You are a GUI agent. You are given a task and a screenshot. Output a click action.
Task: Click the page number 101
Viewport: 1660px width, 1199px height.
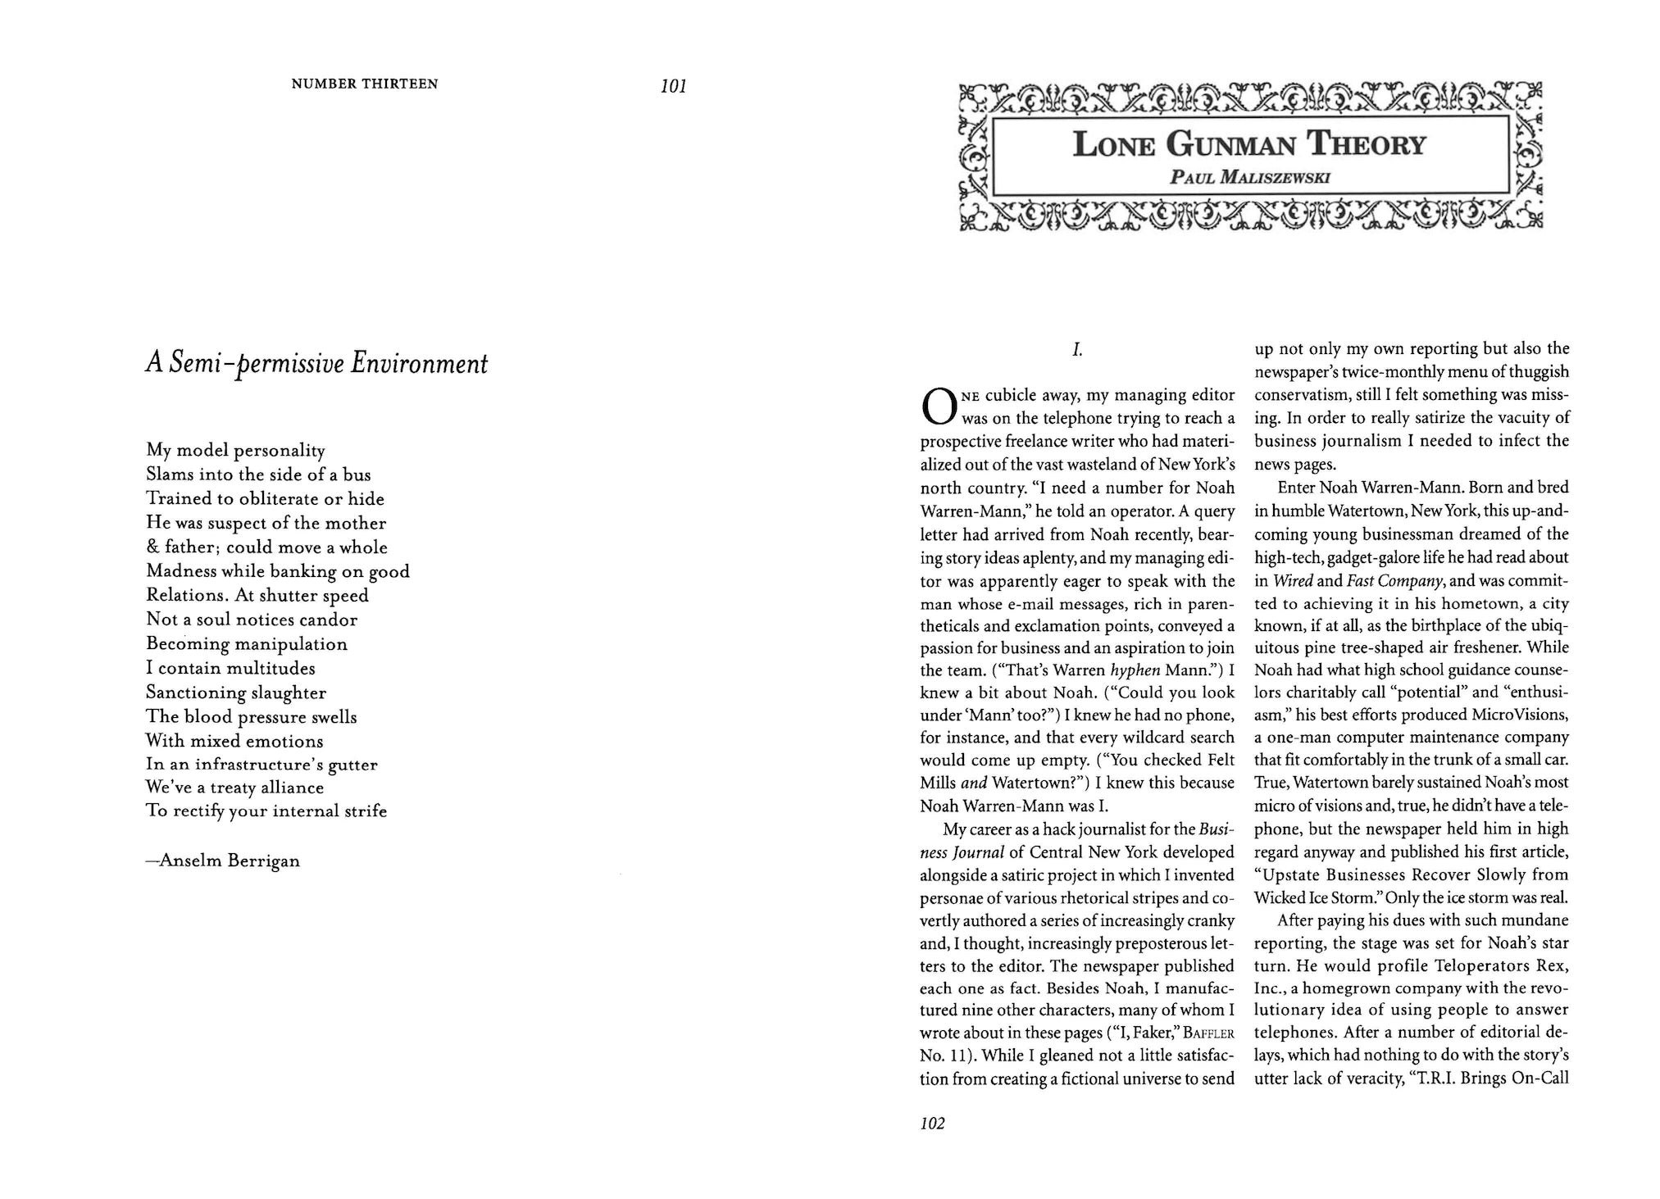point(673,86)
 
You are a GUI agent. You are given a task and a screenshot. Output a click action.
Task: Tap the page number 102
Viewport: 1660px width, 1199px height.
point(933,1124)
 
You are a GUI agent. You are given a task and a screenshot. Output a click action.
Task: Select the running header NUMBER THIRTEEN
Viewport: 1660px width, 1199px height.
point(365,84)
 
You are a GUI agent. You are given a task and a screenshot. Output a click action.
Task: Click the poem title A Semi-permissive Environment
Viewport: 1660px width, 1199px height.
point(316,363)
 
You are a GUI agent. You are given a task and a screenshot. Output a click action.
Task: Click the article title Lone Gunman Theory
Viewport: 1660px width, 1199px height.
point(1249,145)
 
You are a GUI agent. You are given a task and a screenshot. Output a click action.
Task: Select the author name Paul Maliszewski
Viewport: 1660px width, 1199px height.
point(1249,177)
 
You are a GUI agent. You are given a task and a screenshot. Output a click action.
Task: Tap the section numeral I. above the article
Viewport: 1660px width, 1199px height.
point(1077,350)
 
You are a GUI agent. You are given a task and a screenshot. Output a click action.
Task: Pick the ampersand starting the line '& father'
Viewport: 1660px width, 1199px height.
point(152,547)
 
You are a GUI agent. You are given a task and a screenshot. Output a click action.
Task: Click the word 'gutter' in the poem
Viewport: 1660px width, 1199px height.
point(352,765)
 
